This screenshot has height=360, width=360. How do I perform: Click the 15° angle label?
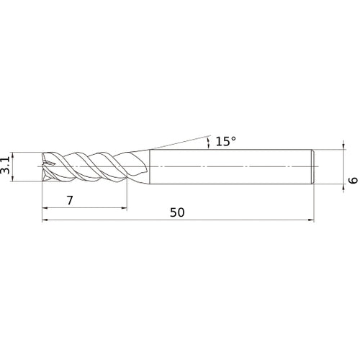click(x=225, y=142)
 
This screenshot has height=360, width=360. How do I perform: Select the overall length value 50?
click(x=178, y=212)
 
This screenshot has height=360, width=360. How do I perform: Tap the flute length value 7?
click(x=70, y=201)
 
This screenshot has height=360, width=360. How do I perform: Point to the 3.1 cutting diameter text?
click(x=6, y=167)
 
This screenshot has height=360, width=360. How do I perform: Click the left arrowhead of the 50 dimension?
click(x=46, y=220)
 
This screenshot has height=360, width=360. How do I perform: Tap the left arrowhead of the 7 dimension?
click(x=46, y=210)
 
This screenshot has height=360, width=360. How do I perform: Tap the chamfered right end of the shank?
click(x=313, y=167)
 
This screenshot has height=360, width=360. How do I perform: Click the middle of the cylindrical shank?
click(x=230, y=167)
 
